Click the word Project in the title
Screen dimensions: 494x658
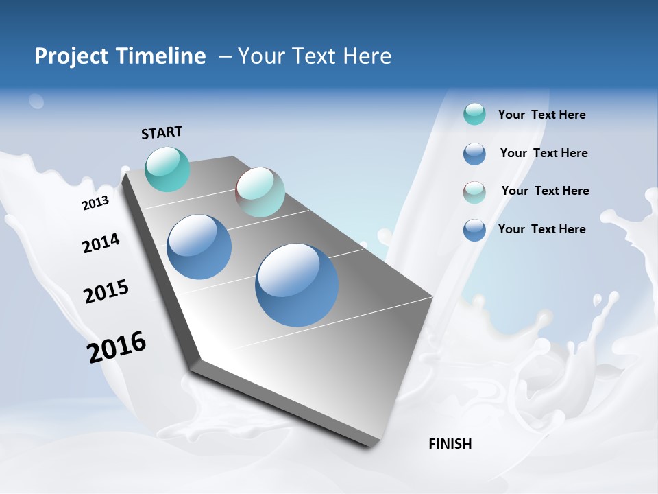(68, 56)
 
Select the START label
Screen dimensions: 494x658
(162, 132)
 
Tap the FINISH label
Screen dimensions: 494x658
(450, 444)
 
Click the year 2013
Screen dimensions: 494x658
(95, 203)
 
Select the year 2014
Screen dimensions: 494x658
(101, 243)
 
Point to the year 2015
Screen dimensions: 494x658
(106, 292)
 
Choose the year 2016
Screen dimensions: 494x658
(117, 347)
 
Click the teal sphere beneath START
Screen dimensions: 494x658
(167, 169)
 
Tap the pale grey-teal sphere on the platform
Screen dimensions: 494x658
(260, 192)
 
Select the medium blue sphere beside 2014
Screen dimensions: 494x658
(199, 247)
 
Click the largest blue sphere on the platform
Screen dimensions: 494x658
(297, 285)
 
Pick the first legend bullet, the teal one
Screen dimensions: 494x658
(474, 114)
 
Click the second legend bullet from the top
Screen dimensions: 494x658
(474, 154)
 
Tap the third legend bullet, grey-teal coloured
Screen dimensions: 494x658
(474, 192)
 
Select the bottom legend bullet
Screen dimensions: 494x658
(474, 230)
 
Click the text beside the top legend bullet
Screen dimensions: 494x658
(541, 115)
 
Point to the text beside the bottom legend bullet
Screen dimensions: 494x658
(541, 229)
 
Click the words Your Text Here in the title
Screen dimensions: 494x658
(315, 56)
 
